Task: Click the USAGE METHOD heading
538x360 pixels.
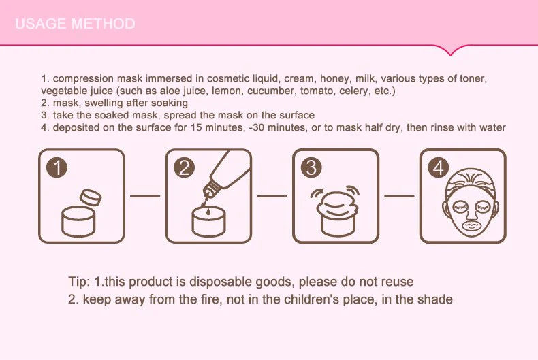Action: pyautogui.click(x=75, y=24)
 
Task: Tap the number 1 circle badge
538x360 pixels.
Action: pyautogui.click(x=57, y=167)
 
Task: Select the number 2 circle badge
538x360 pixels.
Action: pyautogui.click(x=184, y=167)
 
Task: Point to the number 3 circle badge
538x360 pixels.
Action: pyautogui.click(x=311, y=167)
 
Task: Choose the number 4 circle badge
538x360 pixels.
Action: pyautogui.click(x=438, y=167)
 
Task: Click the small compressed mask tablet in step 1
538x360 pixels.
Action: pyautogui.click(x=91, y=197)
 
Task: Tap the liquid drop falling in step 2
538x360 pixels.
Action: pyautogui.click(x=208, y=212)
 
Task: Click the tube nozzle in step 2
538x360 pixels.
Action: pyautogui.click(x=210, y=189)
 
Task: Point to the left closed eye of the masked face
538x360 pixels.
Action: pyautogui.click(x=460, y=207)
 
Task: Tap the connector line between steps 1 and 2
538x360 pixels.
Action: pyautogui.click(x=145, y=196)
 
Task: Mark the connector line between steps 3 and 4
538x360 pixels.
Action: pyautogui.click(x=399, y=196)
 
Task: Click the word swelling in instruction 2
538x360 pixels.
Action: pyautogui.click(x=102, y=103)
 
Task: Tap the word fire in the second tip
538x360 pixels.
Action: pyautogui.click(x=208, y=299)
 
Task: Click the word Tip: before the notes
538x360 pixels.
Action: pyautogui.click(x=79, y=282)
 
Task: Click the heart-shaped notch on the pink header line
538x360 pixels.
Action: pyautogui.click(x=450, y=50)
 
